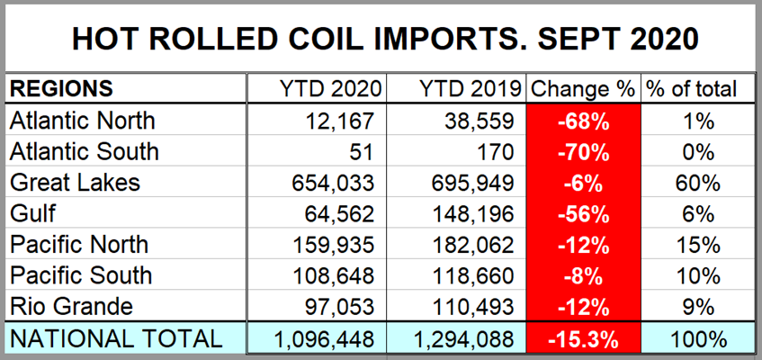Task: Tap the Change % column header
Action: [582, 89]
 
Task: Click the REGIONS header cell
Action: [62, 89]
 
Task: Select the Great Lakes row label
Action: [76, 182]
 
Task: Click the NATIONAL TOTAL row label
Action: [114, 338]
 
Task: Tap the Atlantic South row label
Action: [84, 150]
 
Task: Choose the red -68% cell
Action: [582, 120]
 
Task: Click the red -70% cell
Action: [582, 150]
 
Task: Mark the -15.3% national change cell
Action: [582, 338]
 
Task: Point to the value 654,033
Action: [340, 182]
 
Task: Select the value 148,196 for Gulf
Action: [478, 213]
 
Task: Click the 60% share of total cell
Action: [698, 182]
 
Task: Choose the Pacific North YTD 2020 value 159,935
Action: [340, 245]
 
